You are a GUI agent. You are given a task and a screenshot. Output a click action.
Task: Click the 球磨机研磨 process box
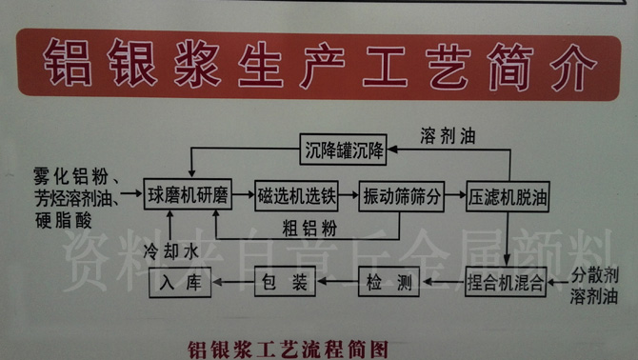coord(189,197)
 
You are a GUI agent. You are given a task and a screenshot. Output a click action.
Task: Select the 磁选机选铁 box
coord(297,197)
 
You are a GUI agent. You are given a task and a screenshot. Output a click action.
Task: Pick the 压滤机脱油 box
coord(506,197)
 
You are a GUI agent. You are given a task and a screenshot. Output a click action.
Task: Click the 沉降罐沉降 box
coord(345,149)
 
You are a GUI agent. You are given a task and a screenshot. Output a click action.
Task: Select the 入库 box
coord(180,282)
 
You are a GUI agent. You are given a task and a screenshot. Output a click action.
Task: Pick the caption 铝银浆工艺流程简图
coord(289,348)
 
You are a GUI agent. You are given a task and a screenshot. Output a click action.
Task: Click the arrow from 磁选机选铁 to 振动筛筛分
coord(348,197)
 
